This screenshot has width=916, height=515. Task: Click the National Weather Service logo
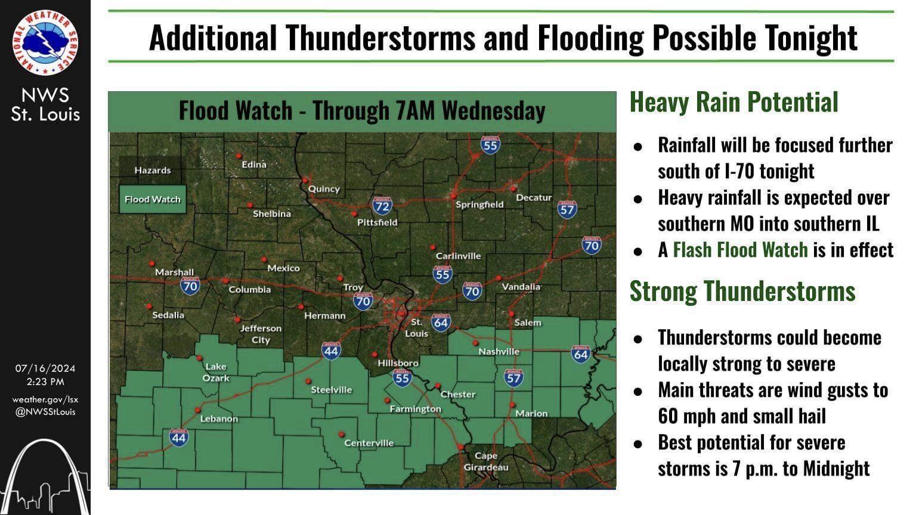45,42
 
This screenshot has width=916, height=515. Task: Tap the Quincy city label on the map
324,189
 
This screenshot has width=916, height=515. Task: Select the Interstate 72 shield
382,206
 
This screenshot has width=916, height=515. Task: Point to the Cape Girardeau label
486,461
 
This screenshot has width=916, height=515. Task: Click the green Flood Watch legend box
153,200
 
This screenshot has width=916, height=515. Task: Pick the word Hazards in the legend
153,170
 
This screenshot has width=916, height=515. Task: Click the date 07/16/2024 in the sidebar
45,368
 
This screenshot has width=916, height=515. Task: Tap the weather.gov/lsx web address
45,399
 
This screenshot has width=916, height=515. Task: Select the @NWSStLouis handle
45,411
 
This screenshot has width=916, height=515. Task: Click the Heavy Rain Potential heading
734,102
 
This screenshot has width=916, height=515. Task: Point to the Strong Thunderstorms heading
742,291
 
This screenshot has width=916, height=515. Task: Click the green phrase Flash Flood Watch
740,250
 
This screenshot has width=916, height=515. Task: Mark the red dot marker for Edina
239,156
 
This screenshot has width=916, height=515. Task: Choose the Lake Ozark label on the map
216,372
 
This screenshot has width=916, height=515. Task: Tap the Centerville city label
369,443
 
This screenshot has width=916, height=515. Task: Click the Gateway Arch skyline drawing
45,477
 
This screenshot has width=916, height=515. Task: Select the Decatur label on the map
534,197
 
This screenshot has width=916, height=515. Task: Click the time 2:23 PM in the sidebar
45,381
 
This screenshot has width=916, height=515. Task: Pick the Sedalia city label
168,315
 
